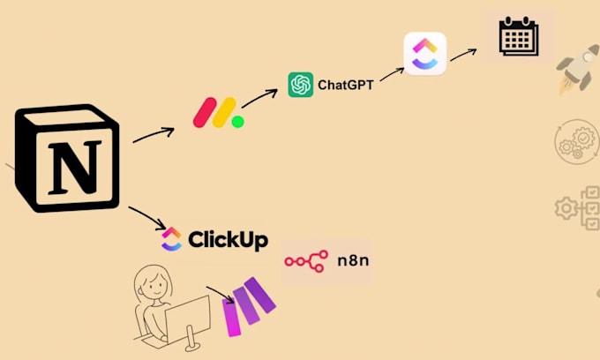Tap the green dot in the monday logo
(x=237, y=121)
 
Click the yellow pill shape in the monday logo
(x=223, y=110)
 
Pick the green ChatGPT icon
(x=301, y=84)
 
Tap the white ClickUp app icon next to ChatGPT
(x=424, y=54)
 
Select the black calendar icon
(x=518, y=38)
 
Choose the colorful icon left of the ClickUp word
(x=171, y=238)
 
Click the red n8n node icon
(x=304, y=261)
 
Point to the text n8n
(x=350, y=261)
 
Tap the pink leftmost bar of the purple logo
(x=235, y=316)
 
